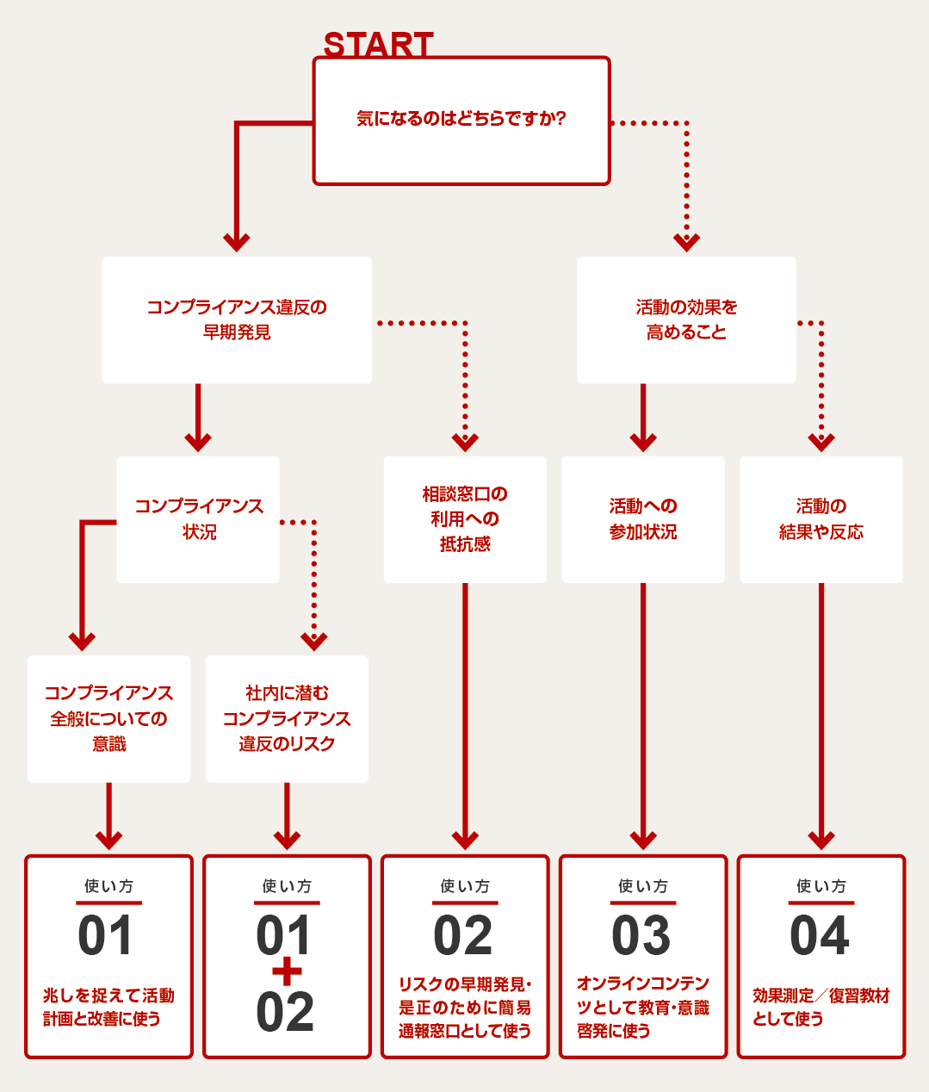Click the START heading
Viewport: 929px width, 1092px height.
(x=378, y=44)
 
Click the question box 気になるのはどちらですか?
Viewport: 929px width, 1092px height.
(x=461, y=121)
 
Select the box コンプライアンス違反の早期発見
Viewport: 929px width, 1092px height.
(x=237, y=320)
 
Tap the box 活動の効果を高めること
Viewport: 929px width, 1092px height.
(x=686, y=320)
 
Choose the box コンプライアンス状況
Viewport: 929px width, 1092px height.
(x=198, y=520)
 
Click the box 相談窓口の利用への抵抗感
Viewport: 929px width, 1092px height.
(x=465, y=520)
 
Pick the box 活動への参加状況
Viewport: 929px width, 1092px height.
(x=643, y=520)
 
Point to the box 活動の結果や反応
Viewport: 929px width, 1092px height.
(x=821, y=520)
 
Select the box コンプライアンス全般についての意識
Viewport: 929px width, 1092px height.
(x=108, y=719)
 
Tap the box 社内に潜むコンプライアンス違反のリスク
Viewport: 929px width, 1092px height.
(x=287, y=719)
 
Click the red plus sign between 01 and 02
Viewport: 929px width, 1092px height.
(x=287, y=971)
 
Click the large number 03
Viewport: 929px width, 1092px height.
(x=641, y=935)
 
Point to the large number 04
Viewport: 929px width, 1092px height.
(x=820, y=935)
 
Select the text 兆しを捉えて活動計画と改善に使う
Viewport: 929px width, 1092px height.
(x=108, y=1007)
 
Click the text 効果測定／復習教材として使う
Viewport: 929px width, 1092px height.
(x=821, y=1007)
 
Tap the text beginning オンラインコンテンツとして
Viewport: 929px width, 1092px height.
(x=643, y=1007)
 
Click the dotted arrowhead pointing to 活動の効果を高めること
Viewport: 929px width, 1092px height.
(x=686, y=243)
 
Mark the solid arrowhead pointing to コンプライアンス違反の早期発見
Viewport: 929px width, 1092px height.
(x=237, y=243)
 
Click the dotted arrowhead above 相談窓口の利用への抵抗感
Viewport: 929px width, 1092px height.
(x=465, y=442)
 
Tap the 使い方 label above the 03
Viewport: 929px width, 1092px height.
(x=643, y=886)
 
